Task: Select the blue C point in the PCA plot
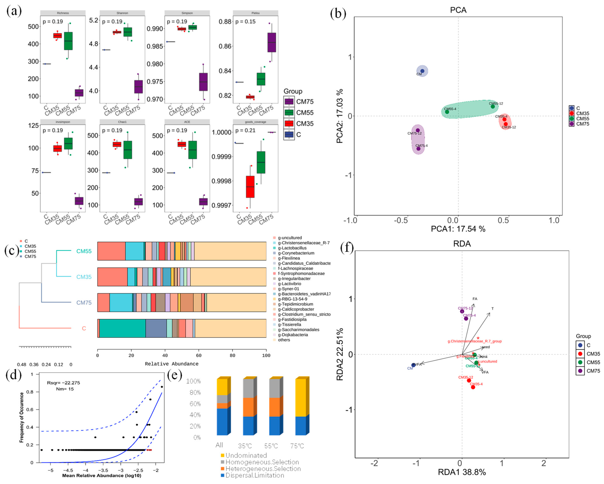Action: [x=422, y=71]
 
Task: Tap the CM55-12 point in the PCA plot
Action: [x=492, y=107]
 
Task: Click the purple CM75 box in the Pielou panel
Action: [x=271, y=42]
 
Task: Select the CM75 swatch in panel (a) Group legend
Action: [x=289, y=102]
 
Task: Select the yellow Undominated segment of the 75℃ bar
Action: [x=301, y=398]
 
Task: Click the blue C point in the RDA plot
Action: [x=413, y=365]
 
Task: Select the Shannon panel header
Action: [x=122, y=13]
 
